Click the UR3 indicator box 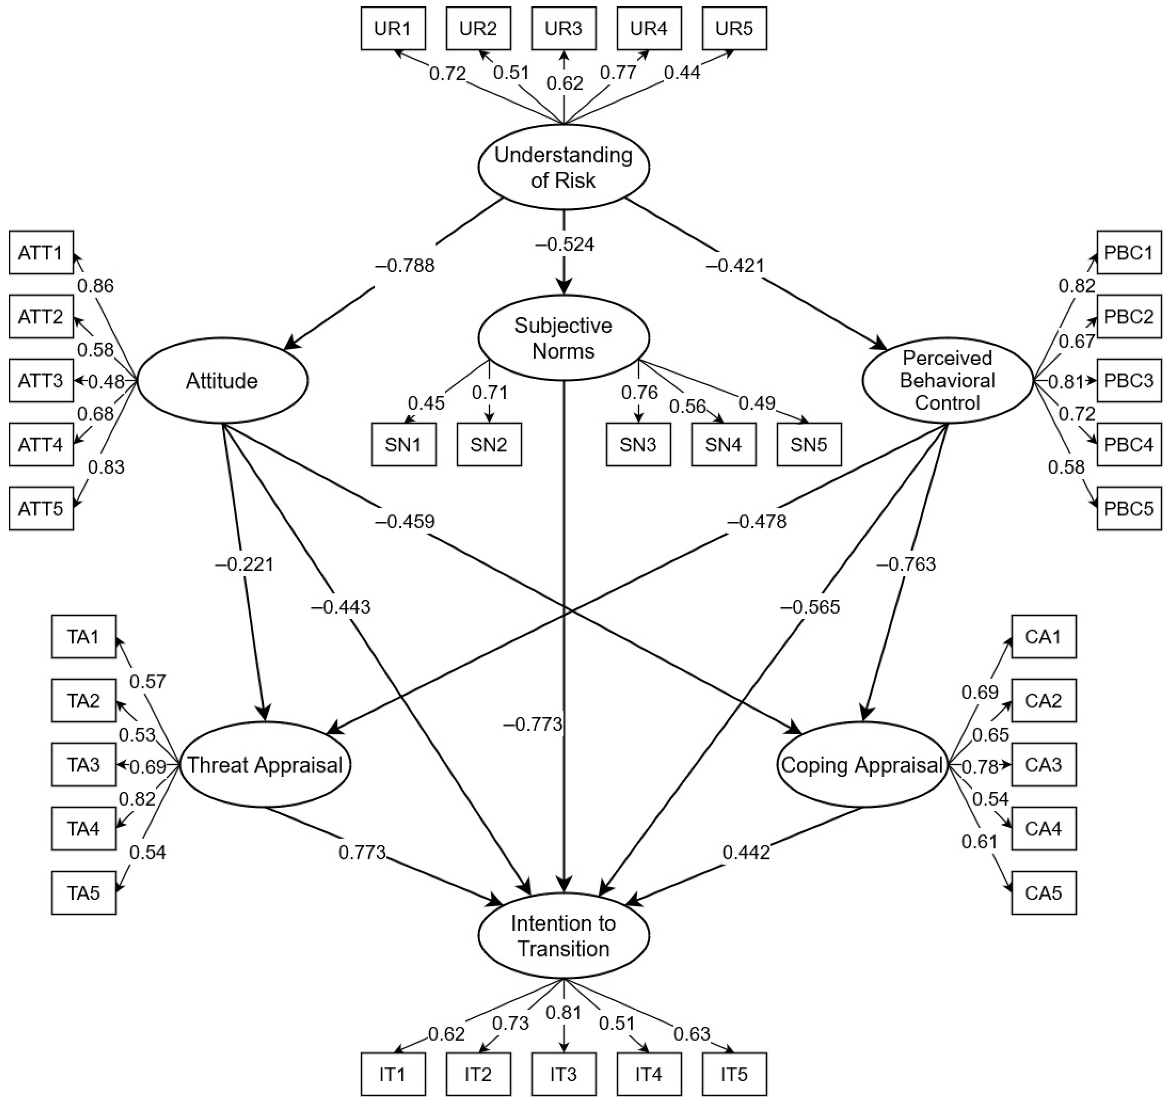563,28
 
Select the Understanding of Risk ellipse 563,167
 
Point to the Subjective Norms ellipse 563,337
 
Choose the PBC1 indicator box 1128,253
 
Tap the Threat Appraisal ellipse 265,765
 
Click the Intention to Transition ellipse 563,936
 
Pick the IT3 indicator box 563,1074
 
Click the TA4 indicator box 83,828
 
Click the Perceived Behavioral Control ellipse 947,380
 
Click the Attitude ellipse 222,380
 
